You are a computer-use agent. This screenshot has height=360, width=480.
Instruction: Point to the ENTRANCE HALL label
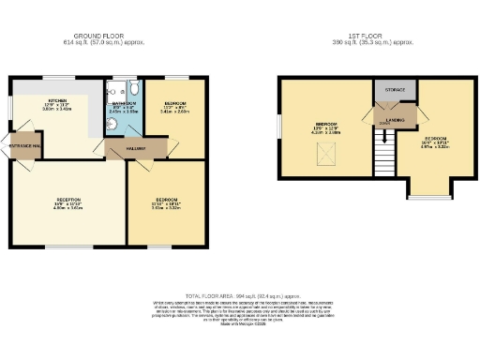pos(22,146)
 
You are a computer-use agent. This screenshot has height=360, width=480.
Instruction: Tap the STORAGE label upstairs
pos(394,89)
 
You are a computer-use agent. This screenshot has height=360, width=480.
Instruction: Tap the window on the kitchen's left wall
pos(12,109)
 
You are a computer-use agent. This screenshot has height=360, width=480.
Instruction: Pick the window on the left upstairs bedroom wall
pos(278,128)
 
